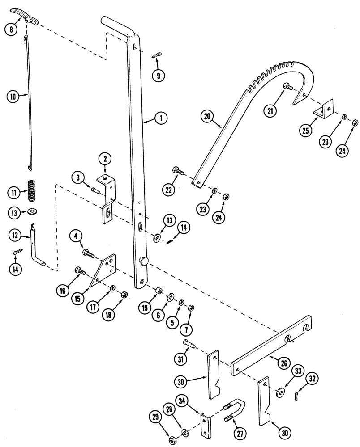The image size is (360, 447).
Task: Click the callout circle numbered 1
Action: pos(161,118)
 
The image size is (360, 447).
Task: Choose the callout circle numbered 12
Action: pos(14,235)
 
